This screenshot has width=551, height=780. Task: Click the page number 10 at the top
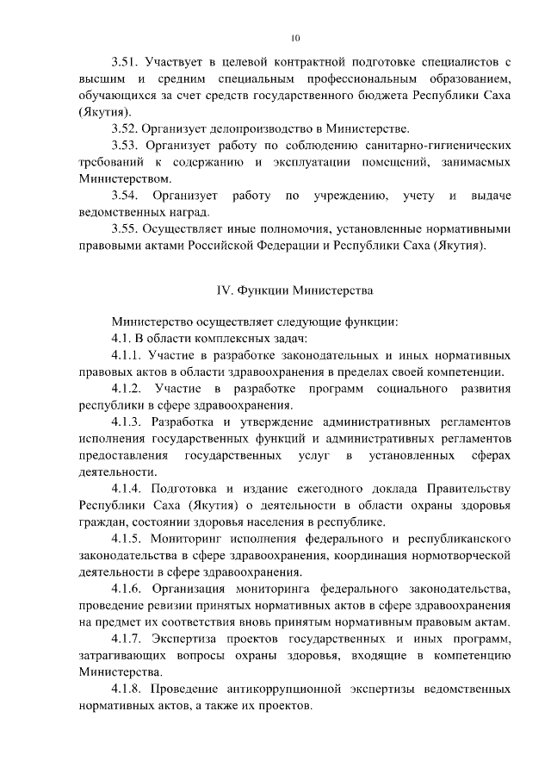click(x=295, y=38)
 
